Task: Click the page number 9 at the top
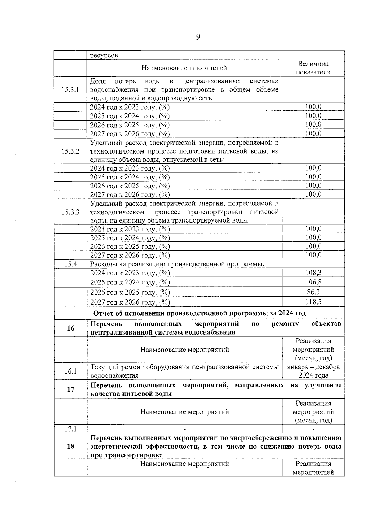198,37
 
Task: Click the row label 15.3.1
70,90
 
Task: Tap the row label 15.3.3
70,212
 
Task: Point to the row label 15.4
70,264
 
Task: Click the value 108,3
313,273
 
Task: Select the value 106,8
313,282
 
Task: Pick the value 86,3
313,292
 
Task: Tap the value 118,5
313,302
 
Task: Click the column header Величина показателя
313,68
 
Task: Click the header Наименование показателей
184,68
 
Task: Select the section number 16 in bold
70,328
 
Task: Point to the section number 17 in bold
70,389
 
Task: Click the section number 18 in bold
70,446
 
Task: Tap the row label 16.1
70,371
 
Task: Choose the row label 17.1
70,429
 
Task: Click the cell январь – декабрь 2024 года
313,371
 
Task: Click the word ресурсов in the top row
104,55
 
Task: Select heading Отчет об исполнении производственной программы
199,313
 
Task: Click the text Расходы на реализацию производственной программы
177,264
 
